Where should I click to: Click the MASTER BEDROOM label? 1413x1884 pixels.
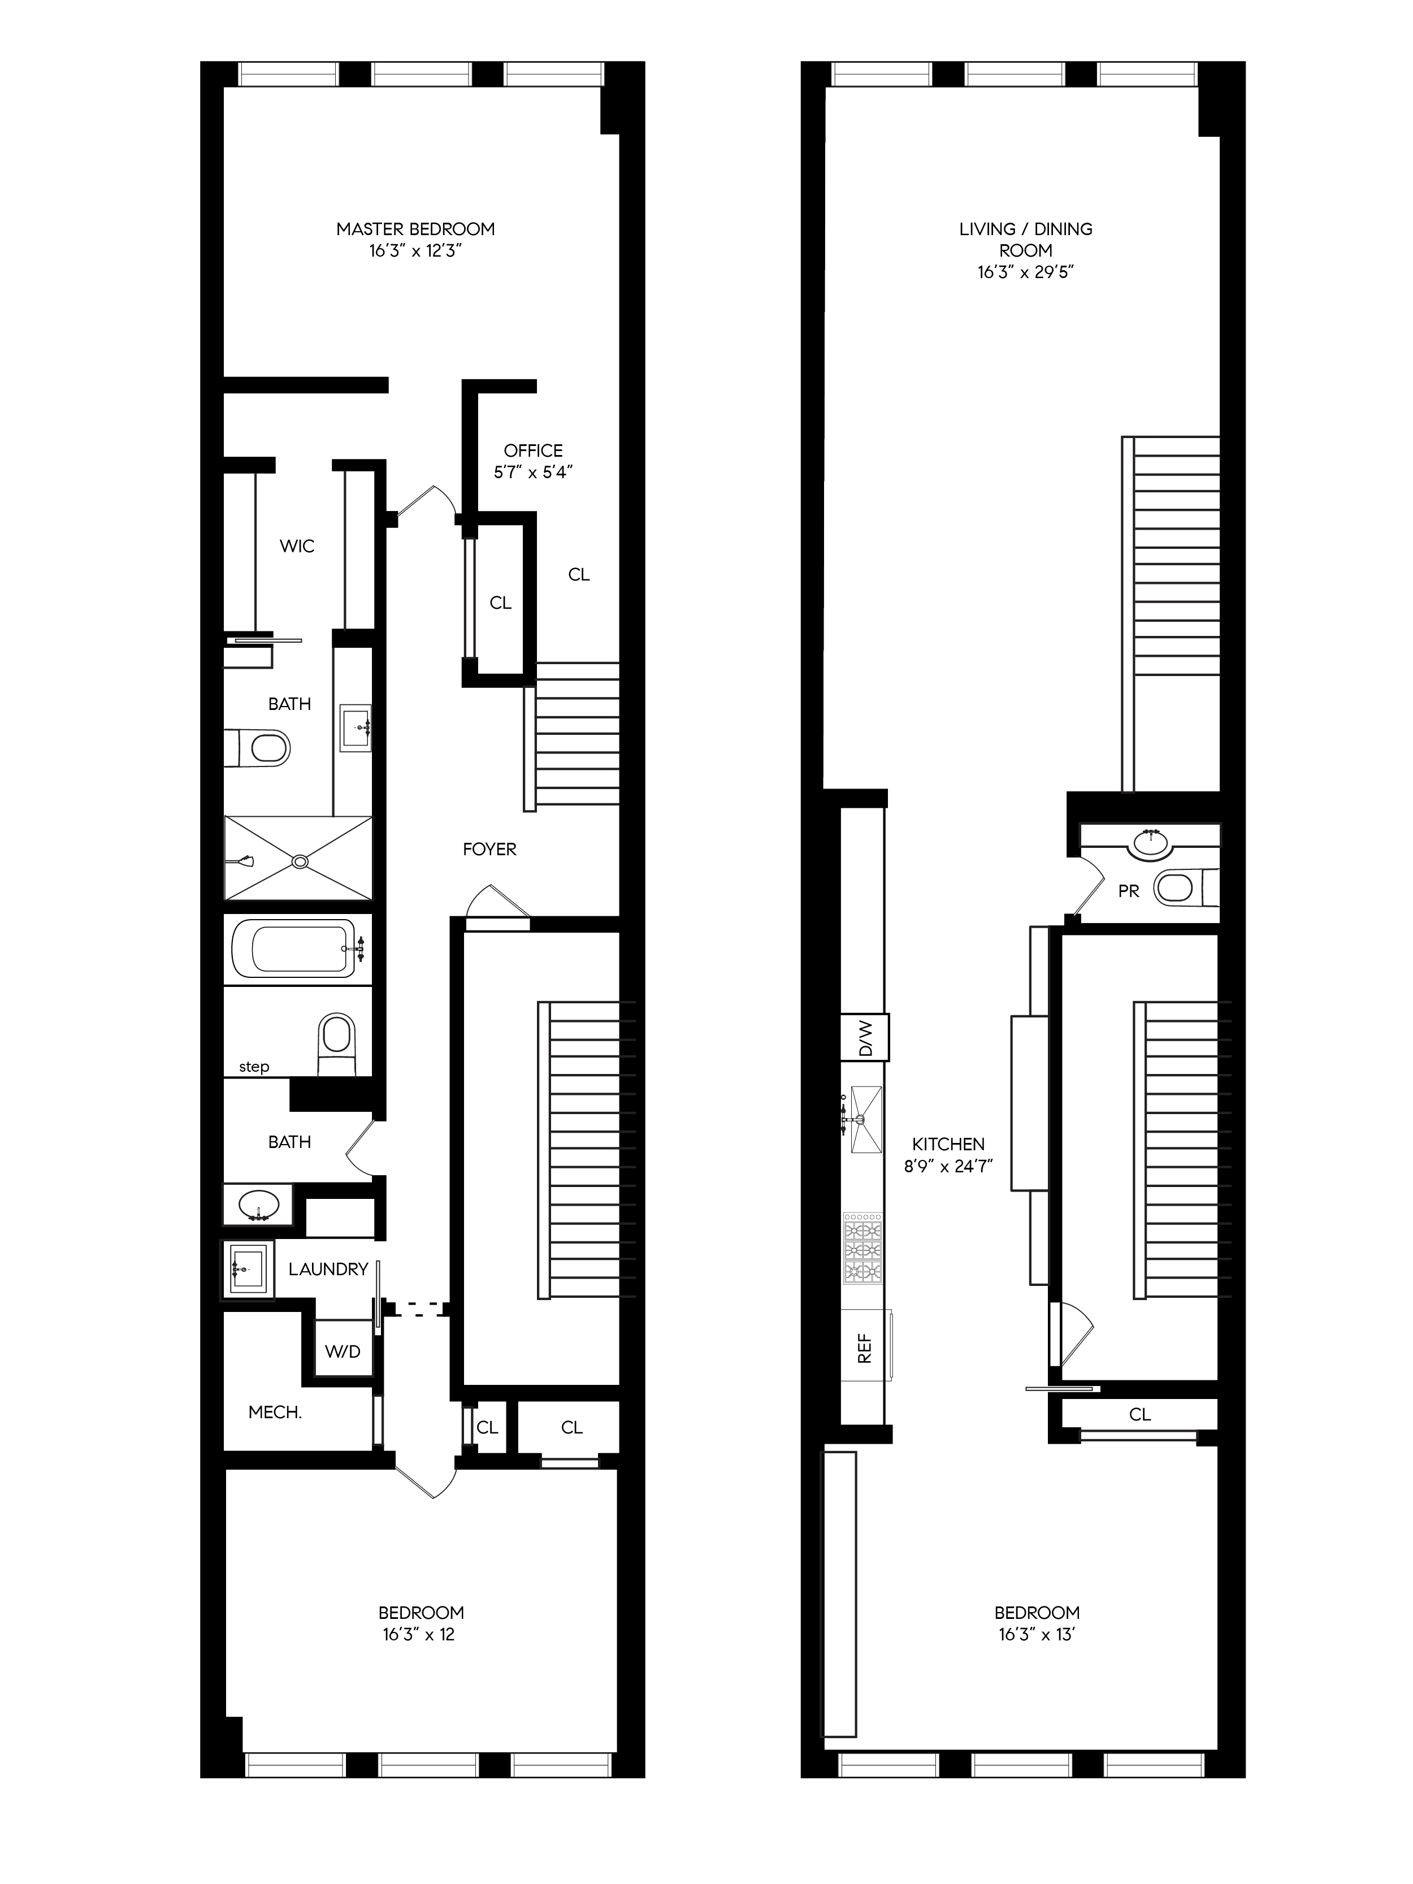click(415, 228)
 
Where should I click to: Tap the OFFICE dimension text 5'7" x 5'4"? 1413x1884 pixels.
click(532, 472)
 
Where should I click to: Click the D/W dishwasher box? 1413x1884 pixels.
click(865, 1037)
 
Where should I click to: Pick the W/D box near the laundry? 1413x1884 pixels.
click(343, 1351)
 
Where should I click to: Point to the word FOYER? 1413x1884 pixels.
click(489, 848)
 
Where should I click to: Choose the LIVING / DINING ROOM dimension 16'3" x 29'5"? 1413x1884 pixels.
click(1025, 272)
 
